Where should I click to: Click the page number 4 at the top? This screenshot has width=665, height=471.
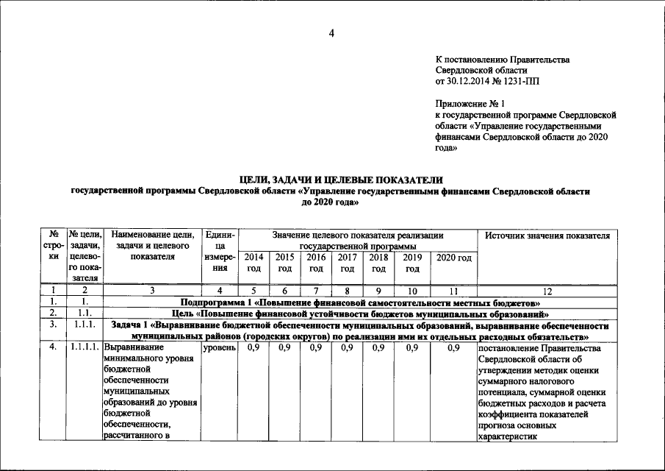point(332,32)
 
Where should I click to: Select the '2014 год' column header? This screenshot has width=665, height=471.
point(254,263)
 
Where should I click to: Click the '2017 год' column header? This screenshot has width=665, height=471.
point(347,263)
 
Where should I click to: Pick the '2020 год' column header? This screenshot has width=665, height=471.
point(453,257)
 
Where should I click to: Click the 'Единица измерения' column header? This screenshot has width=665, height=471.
point(220,252)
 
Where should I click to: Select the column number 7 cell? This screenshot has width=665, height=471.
point(315,291)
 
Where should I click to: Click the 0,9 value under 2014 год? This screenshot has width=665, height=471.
point(254,347)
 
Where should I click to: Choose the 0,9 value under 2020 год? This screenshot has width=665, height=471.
point(453,347)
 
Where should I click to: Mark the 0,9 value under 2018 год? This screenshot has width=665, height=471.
point(378,347)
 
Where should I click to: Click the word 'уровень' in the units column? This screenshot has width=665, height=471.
point(219,347)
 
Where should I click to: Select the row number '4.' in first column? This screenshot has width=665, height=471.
point(53,347)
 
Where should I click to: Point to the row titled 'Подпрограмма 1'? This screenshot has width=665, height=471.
point(361,302)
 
